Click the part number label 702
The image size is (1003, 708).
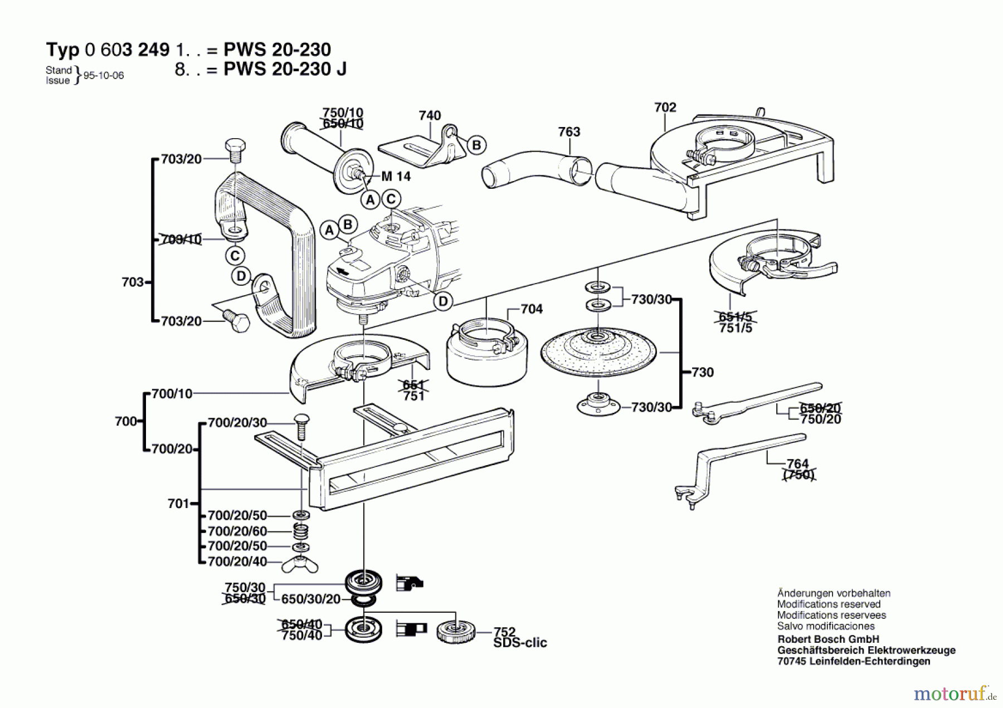click(665, 107)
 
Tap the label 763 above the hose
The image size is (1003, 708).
click(569, 131)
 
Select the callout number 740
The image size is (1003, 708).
click(430, 115)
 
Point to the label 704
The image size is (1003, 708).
click(532, 309)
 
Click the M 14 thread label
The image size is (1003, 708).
click(396, 177)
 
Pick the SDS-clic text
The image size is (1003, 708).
click(520, 643)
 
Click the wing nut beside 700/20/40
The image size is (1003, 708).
click(300, 564)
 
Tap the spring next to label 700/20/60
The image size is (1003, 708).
click(300, 531)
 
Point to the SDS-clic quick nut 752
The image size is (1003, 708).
click(455, 632)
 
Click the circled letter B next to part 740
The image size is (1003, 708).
click(476, 145)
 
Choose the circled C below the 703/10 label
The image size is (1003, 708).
click(235, 256)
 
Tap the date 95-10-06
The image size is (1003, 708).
click(104, 76)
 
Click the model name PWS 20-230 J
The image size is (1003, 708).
click(285, 69)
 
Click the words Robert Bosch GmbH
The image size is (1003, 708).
click(828, 639)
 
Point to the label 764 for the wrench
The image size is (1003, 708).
click(797, 463)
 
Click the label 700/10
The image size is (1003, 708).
click(172, 394)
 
